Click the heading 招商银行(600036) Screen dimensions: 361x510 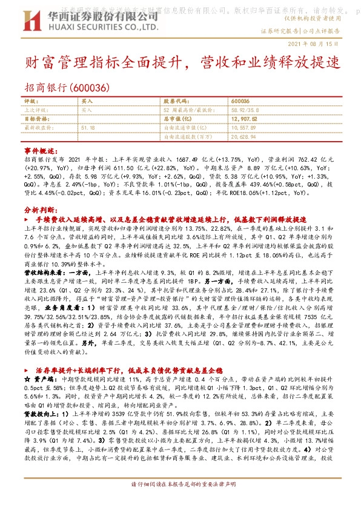67,87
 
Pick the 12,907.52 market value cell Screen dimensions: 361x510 245,119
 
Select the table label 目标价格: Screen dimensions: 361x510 36,119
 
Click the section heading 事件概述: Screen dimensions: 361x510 39,149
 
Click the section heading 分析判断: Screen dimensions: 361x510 39,208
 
